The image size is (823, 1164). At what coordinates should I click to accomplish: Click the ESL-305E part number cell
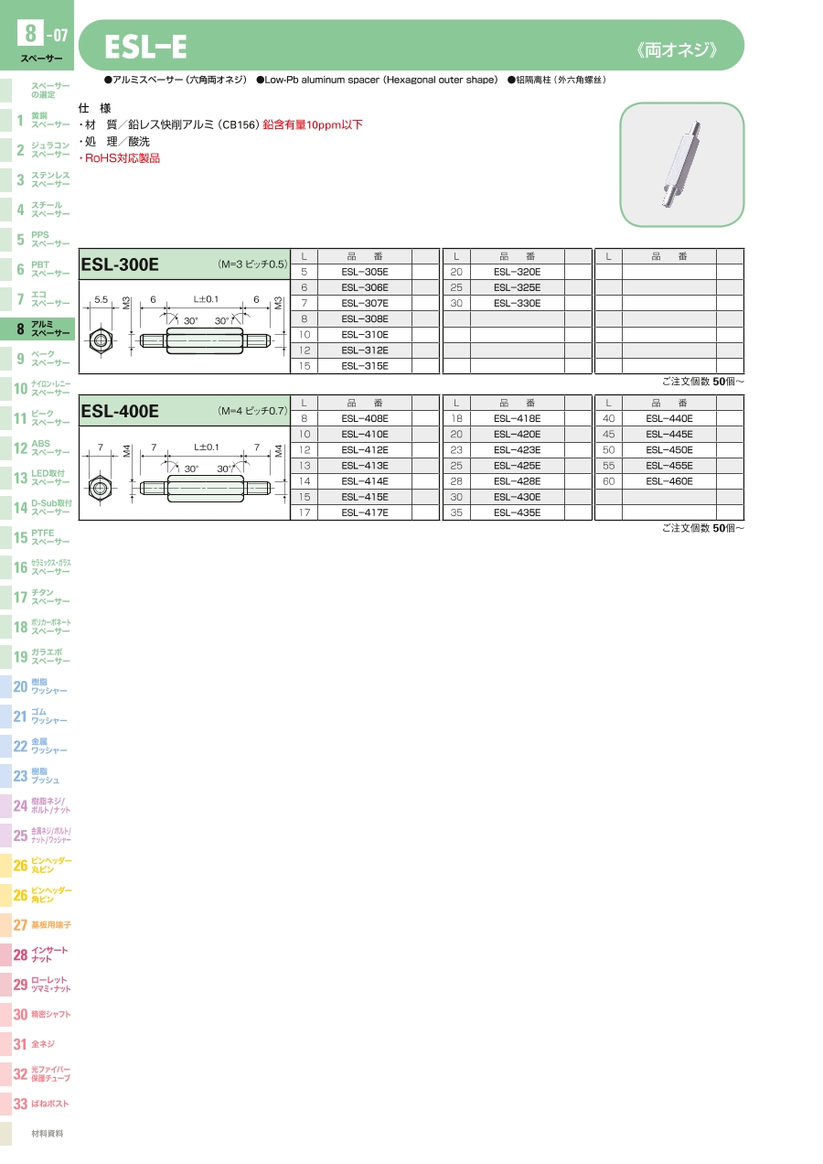click(365, 272)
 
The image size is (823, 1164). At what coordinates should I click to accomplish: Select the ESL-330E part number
click(518, 303)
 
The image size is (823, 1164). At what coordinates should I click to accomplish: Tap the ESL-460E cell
click(669, 481)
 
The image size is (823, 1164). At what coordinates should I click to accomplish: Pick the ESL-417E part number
click(365, 512)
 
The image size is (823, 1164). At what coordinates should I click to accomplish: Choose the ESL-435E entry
click(518, 512)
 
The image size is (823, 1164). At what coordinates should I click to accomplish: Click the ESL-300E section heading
click(120, 264)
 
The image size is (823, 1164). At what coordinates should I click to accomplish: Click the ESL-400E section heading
click(120, 411)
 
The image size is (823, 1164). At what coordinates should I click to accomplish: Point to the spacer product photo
click(682, 164)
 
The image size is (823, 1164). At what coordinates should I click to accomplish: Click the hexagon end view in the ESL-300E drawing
click(101, 341)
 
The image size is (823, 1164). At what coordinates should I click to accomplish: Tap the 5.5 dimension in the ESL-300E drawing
click(101, 300)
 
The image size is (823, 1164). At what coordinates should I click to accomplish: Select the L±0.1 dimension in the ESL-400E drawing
click(206, 447)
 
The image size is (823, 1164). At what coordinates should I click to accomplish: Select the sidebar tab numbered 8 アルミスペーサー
click(37, 329)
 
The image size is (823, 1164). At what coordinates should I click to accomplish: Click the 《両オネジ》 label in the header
click(677, 50)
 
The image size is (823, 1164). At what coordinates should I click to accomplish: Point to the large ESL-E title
click(145, 47)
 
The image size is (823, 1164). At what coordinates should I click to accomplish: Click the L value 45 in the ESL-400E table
click(608, 434)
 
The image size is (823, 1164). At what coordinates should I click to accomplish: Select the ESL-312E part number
click(365, 350)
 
